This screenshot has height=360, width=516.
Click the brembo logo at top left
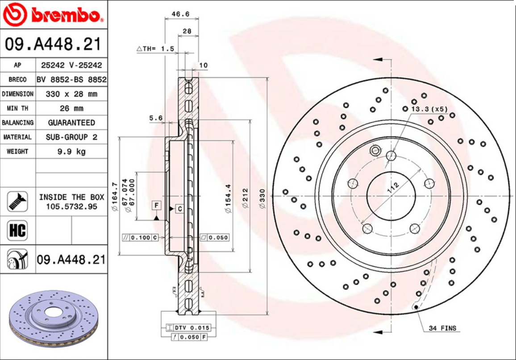click(53, 15)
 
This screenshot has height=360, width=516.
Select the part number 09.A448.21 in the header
click(53, 45)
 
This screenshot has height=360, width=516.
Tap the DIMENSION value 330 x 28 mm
click(71, 94)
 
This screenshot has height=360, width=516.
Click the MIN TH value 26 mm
click(71, 108)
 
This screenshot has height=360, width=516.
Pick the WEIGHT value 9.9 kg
click(71, 151)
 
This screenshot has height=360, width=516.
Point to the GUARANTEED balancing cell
click(71, 123)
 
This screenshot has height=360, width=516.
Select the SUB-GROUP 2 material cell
click(71, 137)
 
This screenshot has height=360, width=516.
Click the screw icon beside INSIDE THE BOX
click(17, 202)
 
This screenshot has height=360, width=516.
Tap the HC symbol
click(17, 231)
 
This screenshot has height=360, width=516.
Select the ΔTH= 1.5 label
click(155, 49)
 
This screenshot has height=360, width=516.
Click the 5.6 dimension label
click(155, 118)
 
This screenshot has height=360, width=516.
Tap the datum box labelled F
click(156, 205)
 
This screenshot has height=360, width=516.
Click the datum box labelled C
click(179, 208)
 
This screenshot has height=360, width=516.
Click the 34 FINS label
click(442, 328)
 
